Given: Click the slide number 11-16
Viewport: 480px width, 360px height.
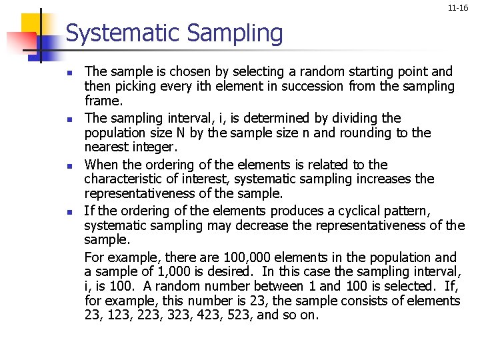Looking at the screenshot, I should (458, 8).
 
